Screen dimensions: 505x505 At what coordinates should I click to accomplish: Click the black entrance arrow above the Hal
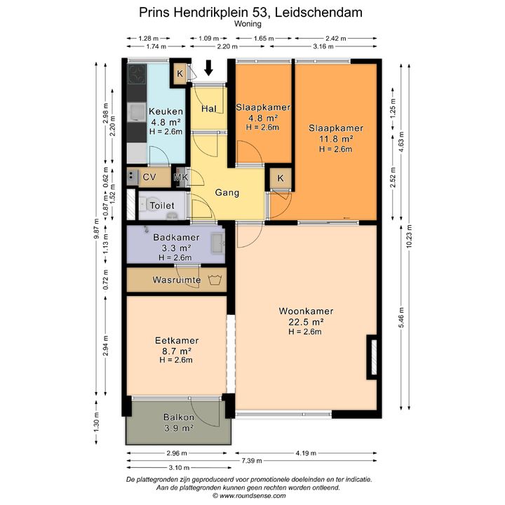click(209, 67)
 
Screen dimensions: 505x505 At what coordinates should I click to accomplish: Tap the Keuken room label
click(166, 112)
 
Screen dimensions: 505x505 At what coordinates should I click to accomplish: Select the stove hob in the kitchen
click(137, 74)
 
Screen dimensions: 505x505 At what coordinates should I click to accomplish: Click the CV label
click(149, 177)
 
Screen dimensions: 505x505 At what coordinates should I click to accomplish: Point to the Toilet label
click(162, 206)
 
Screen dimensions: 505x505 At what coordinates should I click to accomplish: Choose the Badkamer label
click(176, 237)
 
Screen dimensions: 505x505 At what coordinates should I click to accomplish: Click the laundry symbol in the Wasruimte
click(214, 280)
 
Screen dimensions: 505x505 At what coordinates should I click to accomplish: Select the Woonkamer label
click(306, 311)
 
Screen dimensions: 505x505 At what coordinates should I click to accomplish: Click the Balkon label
click(179, 417)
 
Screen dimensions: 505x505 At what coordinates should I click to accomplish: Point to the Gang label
click(227, 193)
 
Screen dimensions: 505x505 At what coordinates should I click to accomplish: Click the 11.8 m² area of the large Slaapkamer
click(335, 139)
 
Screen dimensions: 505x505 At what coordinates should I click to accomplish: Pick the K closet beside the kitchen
click(180, 74)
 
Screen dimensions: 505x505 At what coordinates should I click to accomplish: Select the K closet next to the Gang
click(281, 178)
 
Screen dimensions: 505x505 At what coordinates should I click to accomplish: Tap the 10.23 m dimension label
click(409, 236)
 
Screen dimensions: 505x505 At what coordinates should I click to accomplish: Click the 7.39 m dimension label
click(252, 461)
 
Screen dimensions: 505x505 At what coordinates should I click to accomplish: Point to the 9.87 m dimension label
click(97, 229)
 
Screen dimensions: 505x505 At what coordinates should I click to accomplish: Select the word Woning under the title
click(248, 24)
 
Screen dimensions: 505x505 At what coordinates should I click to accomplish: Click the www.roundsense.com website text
click(252, 496)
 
